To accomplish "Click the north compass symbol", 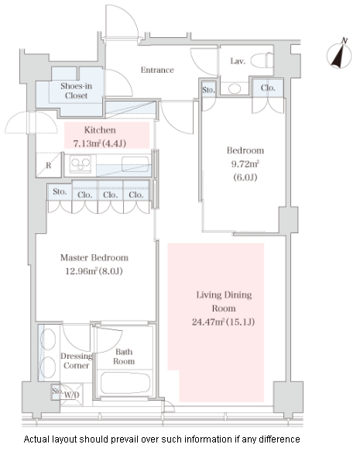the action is click(339, 54).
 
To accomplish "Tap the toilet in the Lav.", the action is click(262, 60).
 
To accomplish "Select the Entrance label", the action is click(157, 70).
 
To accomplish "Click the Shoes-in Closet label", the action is click(76, 91).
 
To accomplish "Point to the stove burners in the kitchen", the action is click(81, 164).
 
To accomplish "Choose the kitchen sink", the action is click(135, 164).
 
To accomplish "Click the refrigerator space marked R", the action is click(49, 165).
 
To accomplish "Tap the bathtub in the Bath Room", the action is click(125, 383).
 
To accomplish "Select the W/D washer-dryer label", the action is click(71, 395).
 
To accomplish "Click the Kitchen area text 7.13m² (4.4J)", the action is click(99, 143).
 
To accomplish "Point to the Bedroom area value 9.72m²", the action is click(245, 164).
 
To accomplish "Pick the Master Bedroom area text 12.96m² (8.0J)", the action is click(94, 271).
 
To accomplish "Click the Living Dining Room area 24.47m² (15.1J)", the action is click(223, 322).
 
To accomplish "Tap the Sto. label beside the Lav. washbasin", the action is click(208, 90).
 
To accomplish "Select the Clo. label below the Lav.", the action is click(268, 88).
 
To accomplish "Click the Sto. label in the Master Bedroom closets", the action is click(60, 192).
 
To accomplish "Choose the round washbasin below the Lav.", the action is click(235, 88).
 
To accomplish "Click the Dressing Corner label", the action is click(76, 360).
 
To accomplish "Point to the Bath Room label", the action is click(124, 356).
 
